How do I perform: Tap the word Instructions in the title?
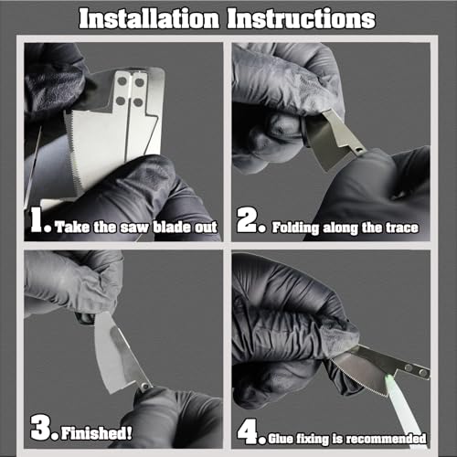[304, 18]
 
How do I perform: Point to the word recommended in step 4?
[390, 436]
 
